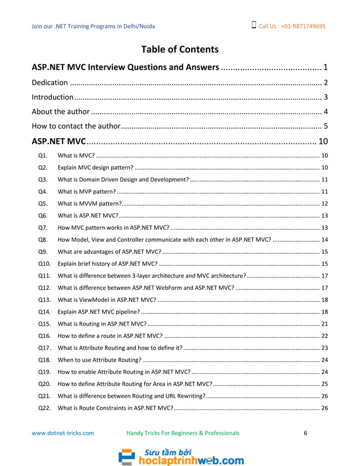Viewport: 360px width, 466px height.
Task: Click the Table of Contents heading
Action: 179,49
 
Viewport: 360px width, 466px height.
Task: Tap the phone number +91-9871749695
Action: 299,26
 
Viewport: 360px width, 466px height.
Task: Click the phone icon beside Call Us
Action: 254,25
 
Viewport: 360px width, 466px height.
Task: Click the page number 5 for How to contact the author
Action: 326,125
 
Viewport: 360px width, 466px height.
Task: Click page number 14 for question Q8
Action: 324,239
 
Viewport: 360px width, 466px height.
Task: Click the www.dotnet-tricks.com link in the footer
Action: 63,433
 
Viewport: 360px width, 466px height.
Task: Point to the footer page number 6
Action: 305,433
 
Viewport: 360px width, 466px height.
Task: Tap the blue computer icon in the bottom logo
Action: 126,456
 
